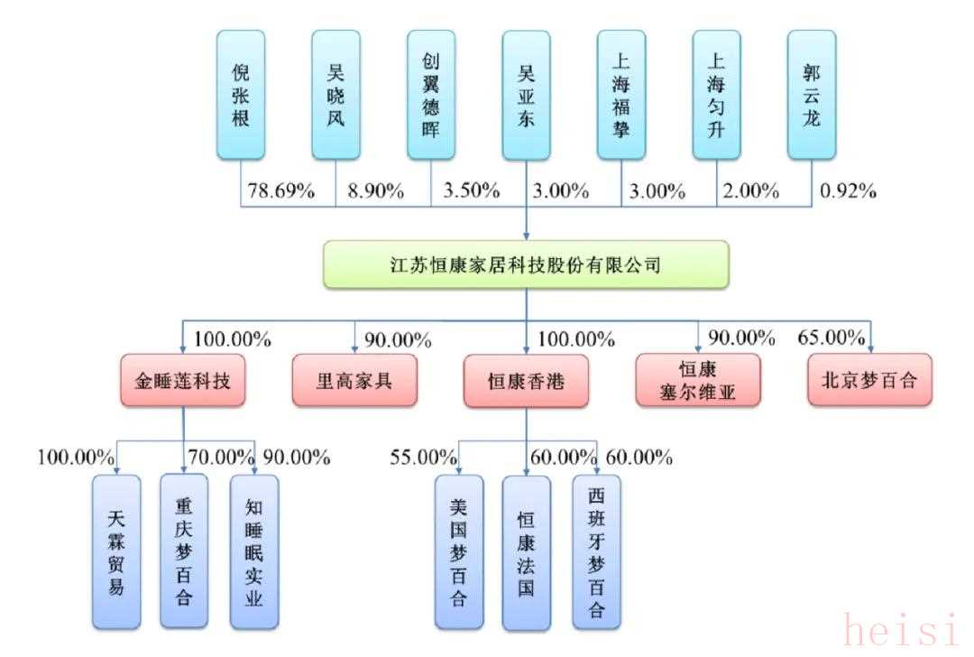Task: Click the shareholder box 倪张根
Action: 241,95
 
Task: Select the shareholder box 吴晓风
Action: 335,95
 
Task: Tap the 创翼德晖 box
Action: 431,95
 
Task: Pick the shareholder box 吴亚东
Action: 527,95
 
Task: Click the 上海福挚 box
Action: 621,95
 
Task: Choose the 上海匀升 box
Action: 717,95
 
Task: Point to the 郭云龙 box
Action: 812,95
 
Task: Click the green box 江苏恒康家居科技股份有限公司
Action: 526,264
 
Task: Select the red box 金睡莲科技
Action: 185,380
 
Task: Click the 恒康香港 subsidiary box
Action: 527,380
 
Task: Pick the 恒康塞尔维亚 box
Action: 698,380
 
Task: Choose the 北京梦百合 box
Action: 868,380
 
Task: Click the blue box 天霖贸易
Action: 117,551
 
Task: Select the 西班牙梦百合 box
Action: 597,551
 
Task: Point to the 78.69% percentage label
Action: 281,190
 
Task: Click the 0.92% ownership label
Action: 848,190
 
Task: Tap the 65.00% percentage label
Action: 831,338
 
